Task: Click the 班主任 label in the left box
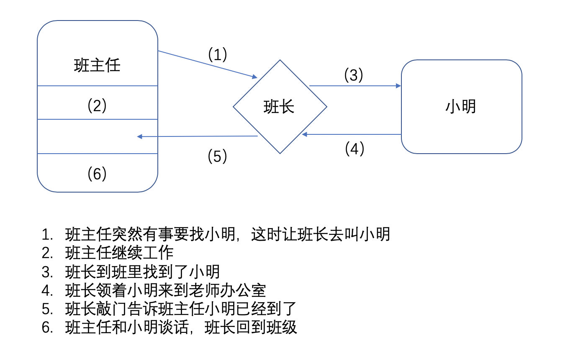pos(97,65)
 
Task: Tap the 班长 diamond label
pos(279,107)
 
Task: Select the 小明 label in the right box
pos(461,107)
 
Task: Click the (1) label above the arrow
pos(217,54)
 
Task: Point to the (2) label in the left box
pos(97,105)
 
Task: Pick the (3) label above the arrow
pos(354,75)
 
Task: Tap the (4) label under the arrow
pos(355,149)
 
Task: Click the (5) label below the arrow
pos(217,156)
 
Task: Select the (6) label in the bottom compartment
pos(97,173)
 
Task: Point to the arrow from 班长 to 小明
pos(355,86)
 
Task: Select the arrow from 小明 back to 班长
pos(352,134)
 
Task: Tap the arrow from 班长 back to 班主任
pos(197,136)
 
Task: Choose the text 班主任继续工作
pos(119,253)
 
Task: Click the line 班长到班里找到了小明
pos(143,272)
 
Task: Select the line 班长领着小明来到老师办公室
pos(166,291)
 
